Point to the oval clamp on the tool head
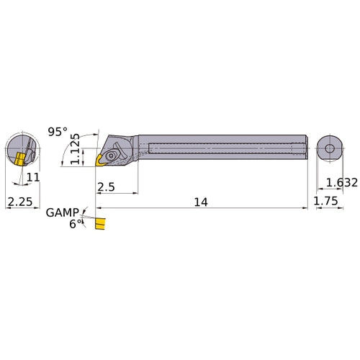click(114, 153)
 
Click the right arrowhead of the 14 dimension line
click(305, 209)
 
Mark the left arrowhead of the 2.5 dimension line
click(97, 193)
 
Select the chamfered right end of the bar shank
click(306, 149)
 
